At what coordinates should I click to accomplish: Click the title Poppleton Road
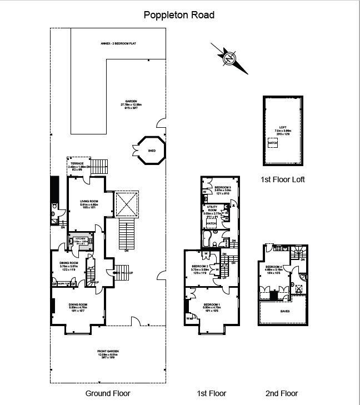tap(179, 15)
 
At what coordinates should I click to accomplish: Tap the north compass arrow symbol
tap(229, 57)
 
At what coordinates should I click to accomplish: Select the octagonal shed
tap(151, 151)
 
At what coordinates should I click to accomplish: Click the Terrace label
tap(77, 163)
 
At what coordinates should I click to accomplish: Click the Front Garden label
tap(109, 351)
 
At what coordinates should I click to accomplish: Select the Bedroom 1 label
tap(212, 304)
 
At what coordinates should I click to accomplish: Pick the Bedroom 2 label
tap(199, 267)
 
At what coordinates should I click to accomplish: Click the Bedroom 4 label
tap(274, 267)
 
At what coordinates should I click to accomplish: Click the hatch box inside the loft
tap(272, 143)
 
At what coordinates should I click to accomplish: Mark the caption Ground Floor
tap(108, 393)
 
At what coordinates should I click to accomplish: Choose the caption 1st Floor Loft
tap(282, 179)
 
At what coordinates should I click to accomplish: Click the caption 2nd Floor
tap(282, 393)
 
